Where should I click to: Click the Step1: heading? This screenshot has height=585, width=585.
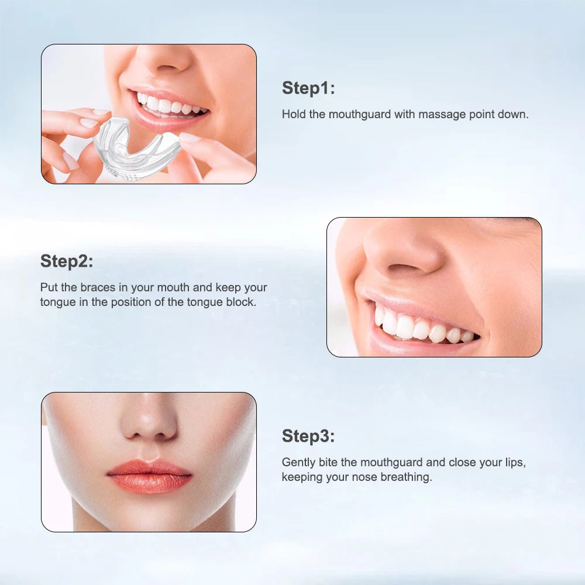(x=308, y=88)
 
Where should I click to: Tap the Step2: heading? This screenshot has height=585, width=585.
(x=67, y=261)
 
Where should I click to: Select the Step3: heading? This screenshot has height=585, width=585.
(x=308, y=436)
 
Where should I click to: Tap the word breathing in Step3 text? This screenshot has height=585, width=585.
(x=406, y=477)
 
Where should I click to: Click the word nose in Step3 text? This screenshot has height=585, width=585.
(x=365, y=477)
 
